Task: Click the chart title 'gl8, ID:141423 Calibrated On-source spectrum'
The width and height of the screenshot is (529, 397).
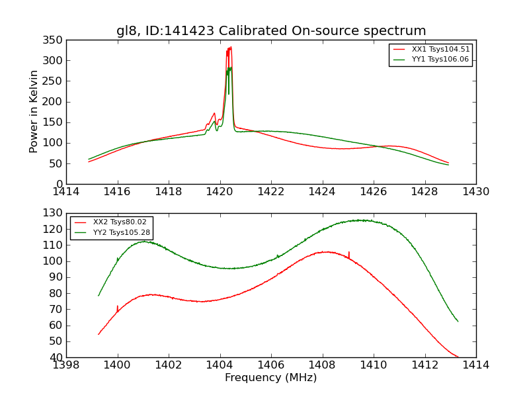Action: (x=271, y=31)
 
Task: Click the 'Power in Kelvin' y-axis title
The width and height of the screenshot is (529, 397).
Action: (x=34, y=112)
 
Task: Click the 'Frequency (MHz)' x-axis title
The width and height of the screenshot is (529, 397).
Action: (x=270, y=378)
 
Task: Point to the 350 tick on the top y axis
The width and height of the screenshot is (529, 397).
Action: (x=55, y=40)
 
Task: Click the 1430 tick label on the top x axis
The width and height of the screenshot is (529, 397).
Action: (x=476, y=192)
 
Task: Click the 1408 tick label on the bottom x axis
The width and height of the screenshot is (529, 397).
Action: (x=323, y=365)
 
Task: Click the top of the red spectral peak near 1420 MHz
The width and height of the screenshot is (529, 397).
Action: (x=230, y=47)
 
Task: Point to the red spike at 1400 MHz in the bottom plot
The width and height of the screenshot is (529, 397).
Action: (x=117, y=306)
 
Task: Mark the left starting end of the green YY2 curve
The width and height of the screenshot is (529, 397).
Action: (x=99, y=296)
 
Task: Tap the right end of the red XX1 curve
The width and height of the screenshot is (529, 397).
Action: (x=448, y=163)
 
